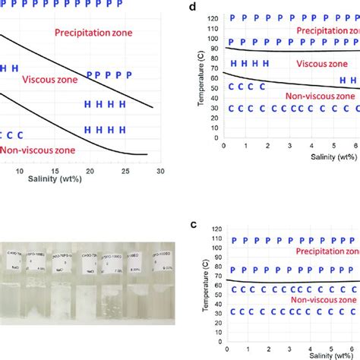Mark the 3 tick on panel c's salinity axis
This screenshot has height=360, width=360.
[289, 345]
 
